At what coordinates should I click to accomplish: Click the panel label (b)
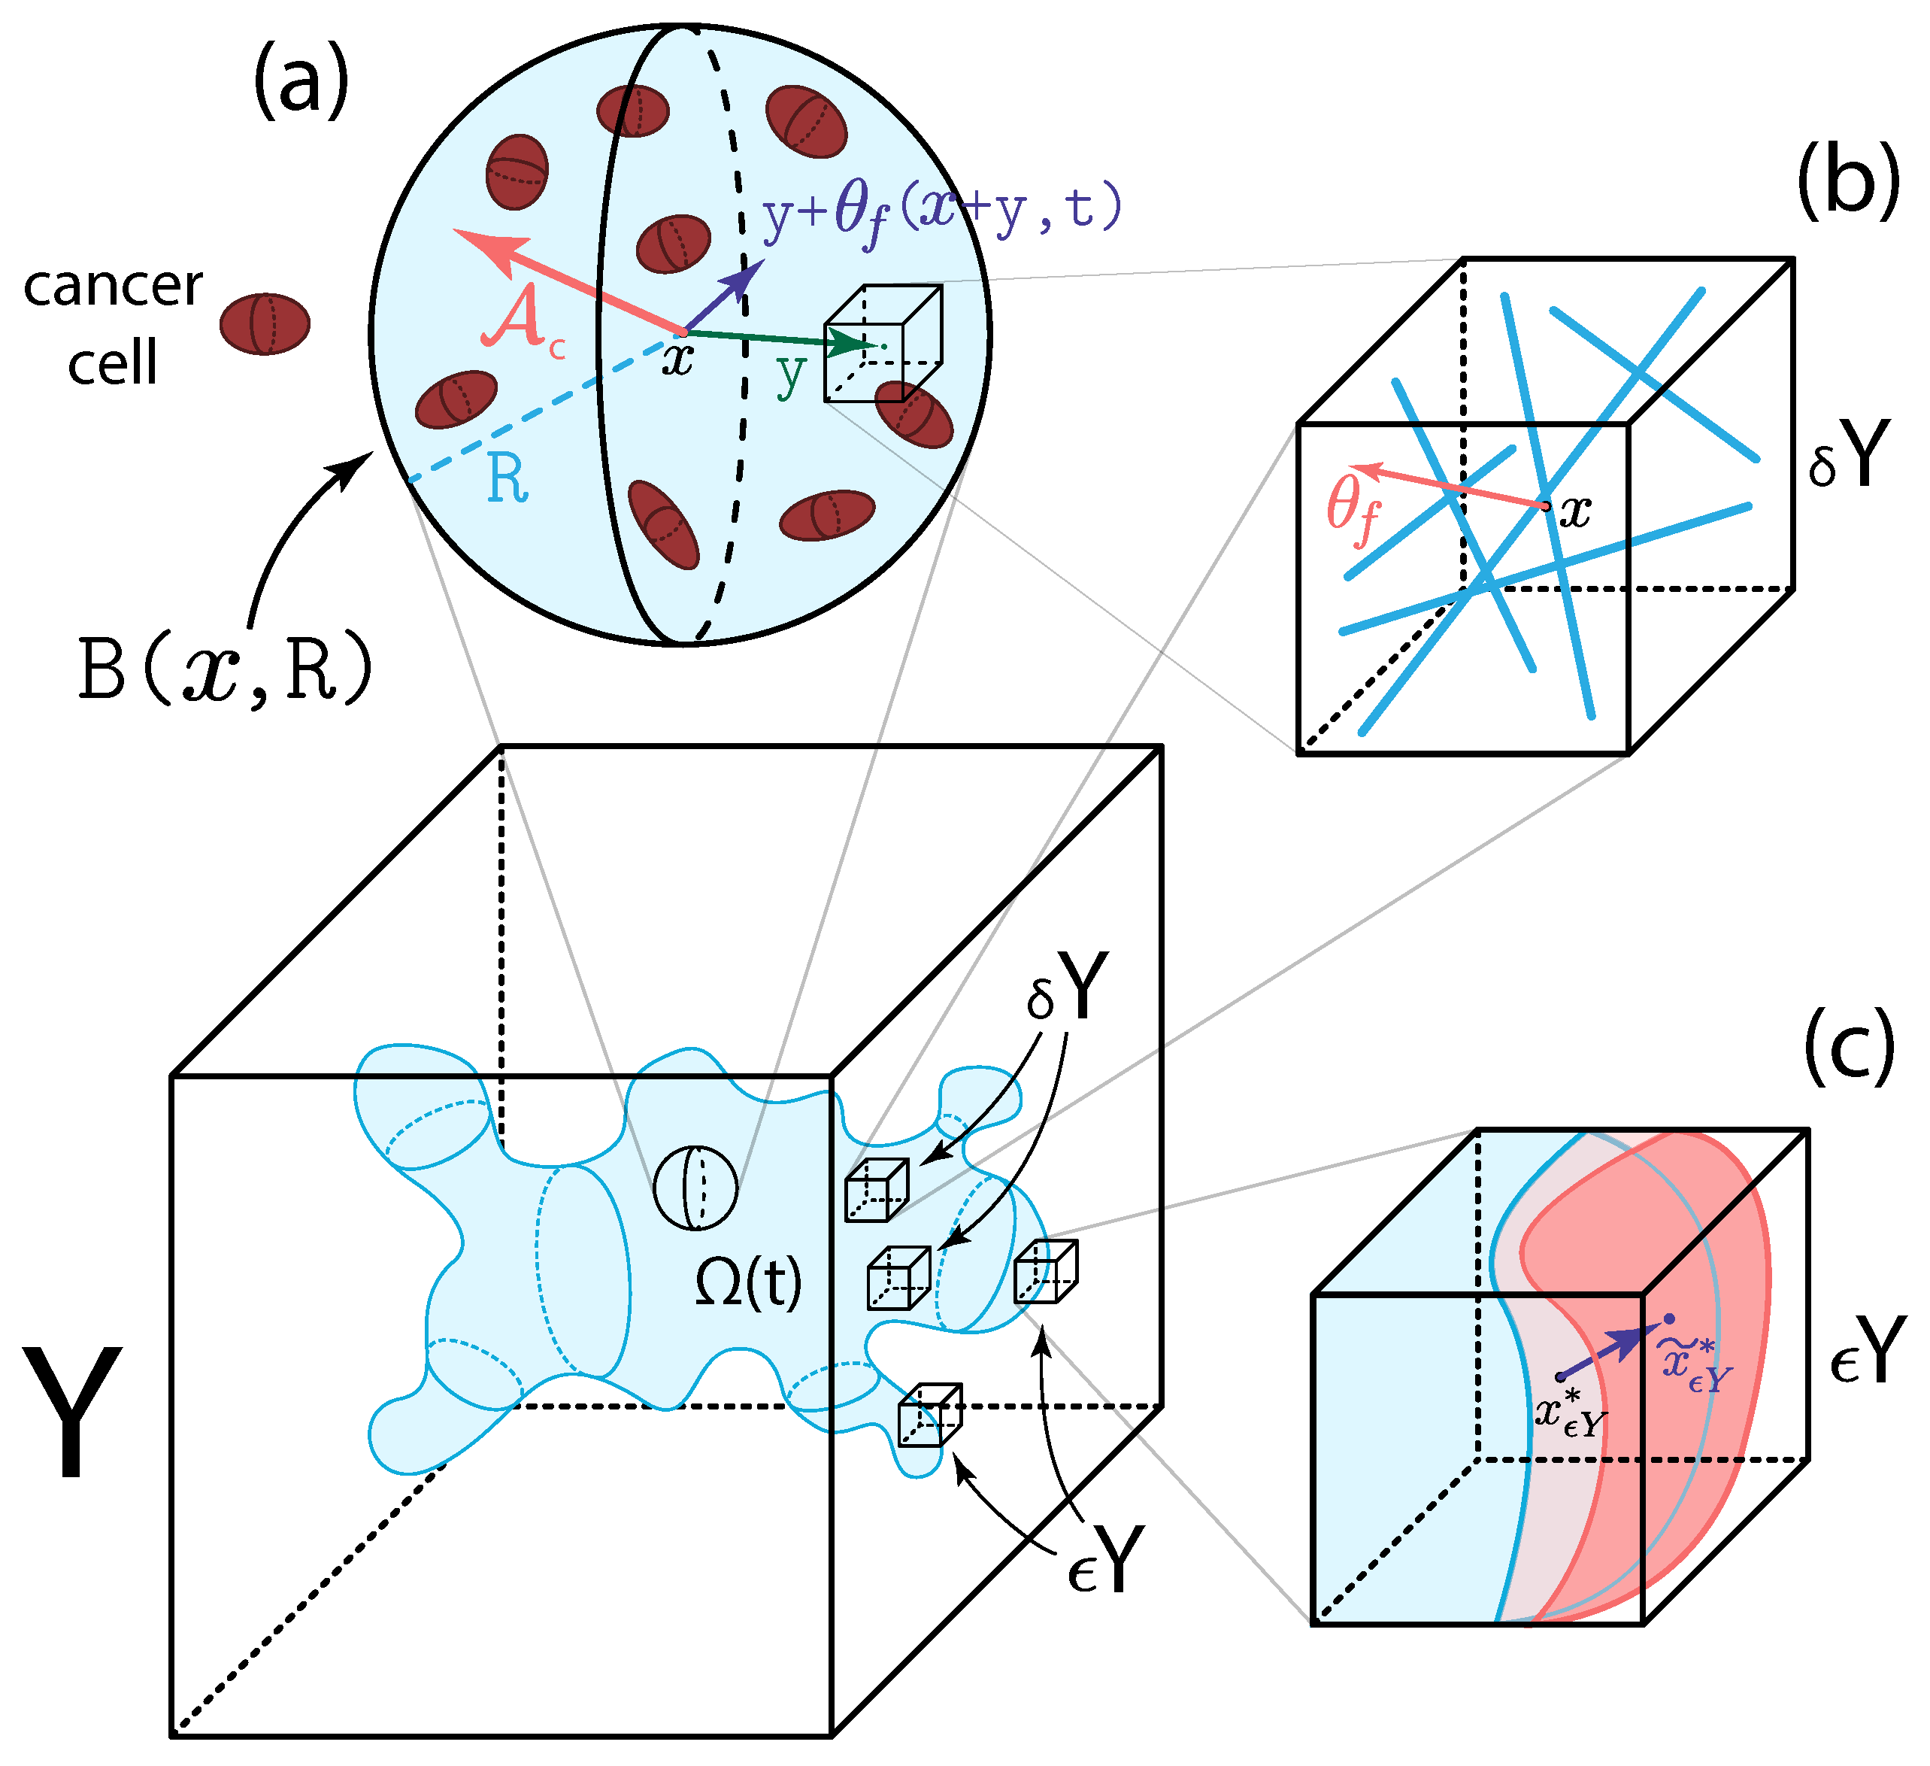[x=1847, y=183]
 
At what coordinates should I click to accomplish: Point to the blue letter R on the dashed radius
[x=507, y=479]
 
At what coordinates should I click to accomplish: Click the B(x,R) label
[x=224, y=670]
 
